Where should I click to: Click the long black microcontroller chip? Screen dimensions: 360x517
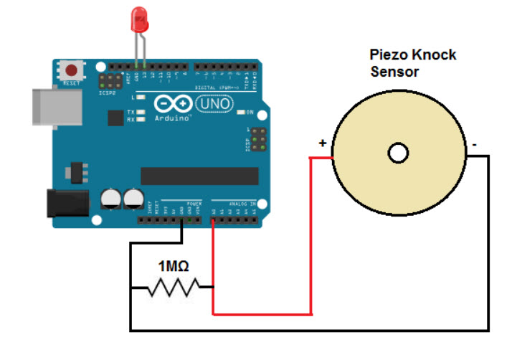click(199, 176)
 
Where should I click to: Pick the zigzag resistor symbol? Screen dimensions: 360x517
click(172, 288)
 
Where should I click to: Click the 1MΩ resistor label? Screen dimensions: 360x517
click(174, 267)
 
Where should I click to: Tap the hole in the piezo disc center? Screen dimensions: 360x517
click(397, 152)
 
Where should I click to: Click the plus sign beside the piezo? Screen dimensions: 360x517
click(323, 143)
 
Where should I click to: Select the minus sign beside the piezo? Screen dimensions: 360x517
click(474, 144)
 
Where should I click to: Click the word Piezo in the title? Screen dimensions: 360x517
click(388, 55)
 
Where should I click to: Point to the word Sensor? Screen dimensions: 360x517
click(394, 72)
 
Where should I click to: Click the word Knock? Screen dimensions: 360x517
click(433, 55)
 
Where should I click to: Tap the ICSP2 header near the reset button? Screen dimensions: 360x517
click(110, 80)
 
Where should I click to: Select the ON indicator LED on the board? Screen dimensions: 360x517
click(241, 113)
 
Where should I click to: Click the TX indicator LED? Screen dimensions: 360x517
click(142, 113)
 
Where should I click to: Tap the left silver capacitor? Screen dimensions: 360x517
click(111, 198)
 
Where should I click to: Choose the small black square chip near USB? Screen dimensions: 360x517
click(114, 118)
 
